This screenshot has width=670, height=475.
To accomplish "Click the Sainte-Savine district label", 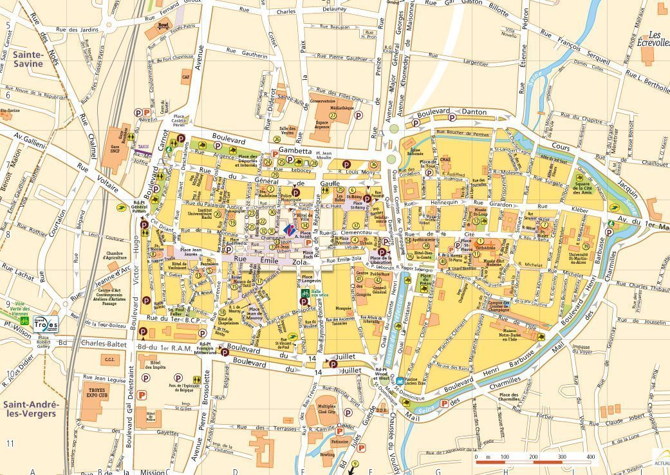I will (x=27, y=59).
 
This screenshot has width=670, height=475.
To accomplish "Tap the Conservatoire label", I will (x=323, y=101).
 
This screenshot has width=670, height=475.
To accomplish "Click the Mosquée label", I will (x=343, y=307).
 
